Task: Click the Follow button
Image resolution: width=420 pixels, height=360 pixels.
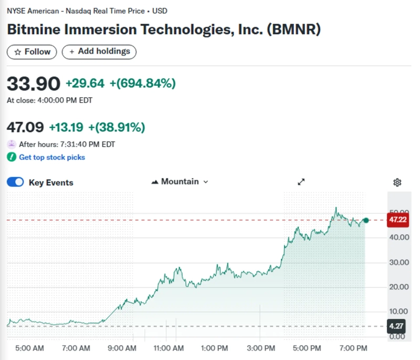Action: point(32,52)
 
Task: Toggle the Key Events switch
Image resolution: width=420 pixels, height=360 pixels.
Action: point(15,182)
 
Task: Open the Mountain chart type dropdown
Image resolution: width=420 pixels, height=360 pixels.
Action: point(180,182)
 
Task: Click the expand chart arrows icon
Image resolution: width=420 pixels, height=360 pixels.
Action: point(301,182)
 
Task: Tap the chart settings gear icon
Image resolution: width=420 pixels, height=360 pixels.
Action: point(397,182)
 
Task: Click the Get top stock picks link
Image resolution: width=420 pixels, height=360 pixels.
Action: point(51,157)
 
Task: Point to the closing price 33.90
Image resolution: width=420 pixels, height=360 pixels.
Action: point(33,83)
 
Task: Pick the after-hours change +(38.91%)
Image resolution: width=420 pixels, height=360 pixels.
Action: point(117,127)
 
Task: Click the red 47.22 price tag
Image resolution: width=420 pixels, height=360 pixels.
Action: point(397,220)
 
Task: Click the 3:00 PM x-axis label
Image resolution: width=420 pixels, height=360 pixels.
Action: point(261,348)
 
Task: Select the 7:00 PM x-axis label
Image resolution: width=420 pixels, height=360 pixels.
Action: point(353,348)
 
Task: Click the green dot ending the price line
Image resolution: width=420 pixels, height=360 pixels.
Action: point(366,220)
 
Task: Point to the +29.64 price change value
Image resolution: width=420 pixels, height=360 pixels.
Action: point(85,83)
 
